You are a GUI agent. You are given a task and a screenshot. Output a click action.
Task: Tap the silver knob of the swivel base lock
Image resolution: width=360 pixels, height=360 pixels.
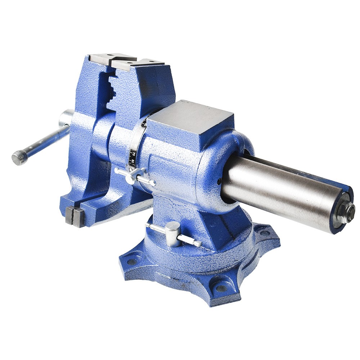[173, 234]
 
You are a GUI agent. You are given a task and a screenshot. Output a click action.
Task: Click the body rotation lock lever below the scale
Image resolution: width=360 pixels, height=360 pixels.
[135, 177]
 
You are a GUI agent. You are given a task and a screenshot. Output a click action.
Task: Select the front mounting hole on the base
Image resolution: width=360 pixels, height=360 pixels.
[219, 288]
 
